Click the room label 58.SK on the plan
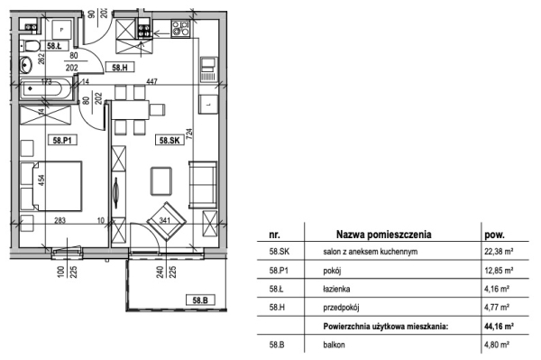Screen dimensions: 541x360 click(170, 140)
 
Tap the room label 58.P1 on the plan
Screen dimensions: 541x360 click(62, 140)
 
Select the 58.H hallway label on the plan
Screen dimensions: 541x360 click(120, 68)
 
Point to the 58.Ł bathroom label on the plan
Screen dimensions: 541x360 click(54, 45)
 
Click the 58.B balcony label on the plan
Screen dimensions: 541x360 click(200, 300)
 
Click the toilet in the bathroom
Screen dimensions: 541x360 click(31, 45)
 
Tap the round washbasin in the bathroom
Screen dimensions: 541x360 click(25, 65)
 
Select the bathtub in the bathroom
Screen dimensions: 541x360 click(46, 89)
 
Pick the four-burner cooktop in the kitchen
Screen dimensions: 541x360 click(181, 29)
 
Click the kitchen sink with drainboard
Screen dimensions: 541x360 click(208, 69)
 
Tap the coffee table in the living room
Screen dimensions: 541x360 click(161, 180)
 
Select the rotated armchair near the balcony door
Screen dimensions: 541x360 click(167, 221)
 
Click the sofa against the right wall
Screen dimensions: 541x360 click(203, 185)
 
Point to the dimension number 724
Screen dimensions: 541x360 click(189, 134)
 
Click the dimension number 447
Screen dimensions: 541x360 click(151, 81)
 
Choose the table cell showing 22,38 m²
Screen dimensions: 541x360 click(499, 252)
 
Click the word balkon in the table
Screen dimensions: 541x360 click(334, 345)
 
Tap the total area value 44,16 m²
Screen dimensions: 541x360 click(499, 326)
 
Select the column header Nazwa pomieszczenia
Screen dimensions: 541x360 click(384, 235)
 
